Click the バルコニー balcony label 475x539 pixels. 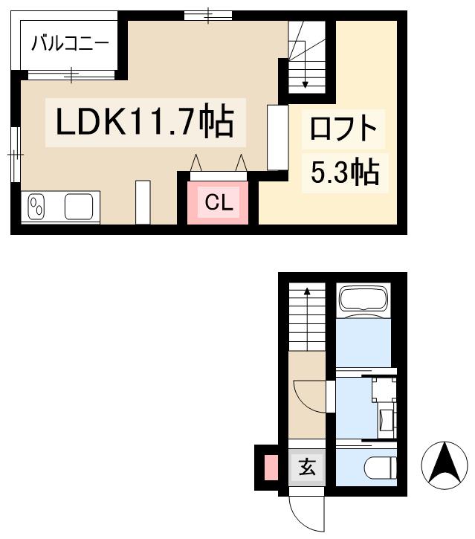(70, 43)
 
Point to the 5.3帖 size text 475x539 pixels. (344, 172)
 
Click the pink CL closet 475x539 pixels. (219, 201)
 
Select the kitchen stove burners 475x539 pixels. (36, 207)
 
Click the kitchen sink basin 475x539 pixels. (82, 206)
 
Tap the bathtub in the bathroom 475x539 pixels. (364, 300)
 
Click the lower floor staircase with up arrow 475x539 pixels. (306, 316)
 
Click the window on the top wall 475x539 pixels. (207, 15)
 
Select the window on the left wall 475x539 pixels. (16, 153)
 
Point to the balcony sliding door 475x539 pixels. (71, 73)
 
